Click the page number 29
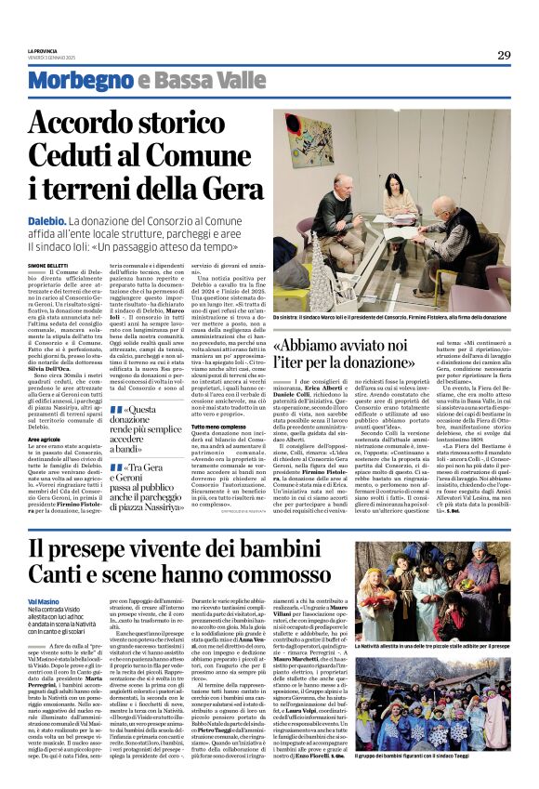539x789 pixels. pos(504,55)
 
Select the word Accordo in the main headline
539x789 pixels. pos(103,125)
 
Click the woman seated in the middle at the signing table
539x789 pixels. pos(401,190)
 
